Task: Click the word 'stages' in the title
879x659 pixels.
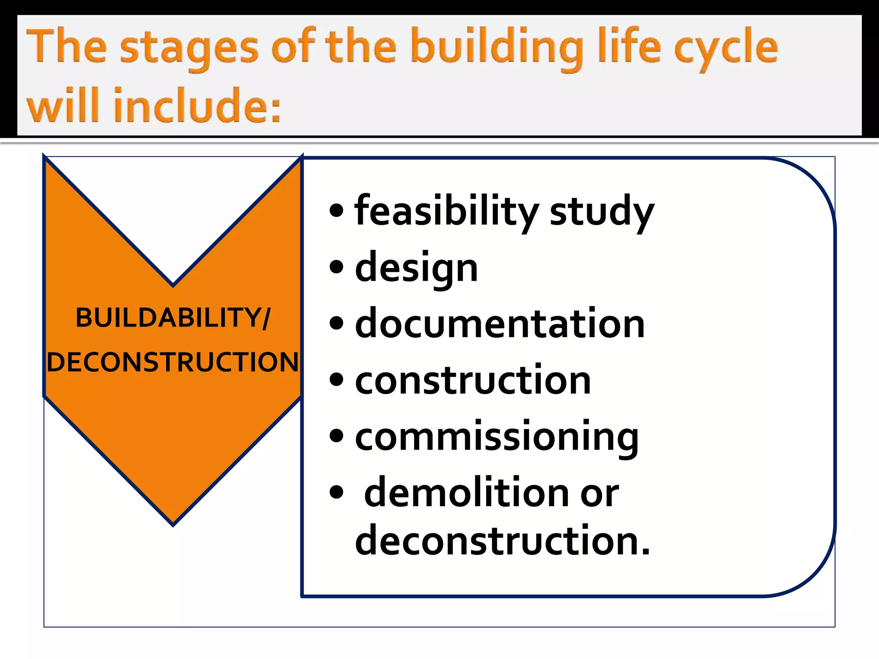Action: point(189,47)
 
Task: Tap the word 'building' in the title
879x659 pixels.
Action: point(496,47)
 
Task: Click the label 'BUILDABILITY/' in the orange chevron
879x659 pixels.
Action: point(173,318)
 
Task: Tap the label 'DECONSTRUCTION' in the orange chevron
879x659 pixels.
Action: point(173,362)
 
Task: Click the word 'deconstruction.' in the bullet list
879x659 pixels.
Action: point(502,541)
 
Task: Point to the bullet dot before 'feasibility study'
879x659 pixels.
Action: point(337,211)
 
